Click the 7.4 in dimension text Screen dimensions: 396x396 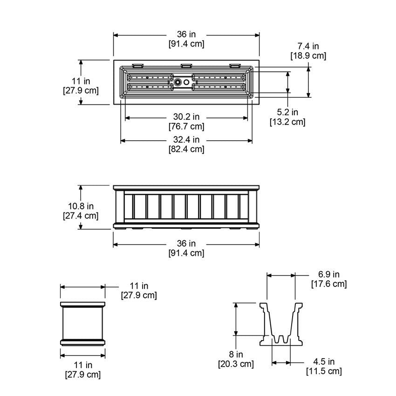(308, 46)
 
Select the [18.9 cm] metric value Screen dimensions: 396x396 (308, 55)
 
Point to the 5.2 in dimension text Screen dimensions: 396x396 (287, 112)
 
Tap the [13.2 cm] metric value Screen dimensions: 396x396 (287, 122)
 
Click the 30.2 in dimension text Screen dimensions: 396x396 (186, 116)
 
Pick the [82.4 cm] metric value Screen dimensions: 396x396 (186, 149)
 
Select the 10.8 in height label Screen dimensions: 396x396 (81, 205)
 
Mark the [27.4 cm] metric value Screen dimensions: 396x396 (81, 216)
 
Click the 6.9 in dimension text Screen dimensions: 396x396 (328, 274)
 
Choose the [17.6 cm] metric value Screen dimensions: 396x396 (328, 284)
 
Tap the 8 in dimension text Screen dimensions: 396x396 (236, 354)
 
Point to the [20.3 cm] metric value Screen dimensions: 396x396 (236, 364)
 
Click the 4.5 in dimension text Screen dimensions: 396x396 (324, 362)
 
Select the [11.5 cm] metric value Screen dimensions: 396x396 (324, 371)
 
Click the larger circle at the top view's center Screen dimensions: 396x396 (178, 82)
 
